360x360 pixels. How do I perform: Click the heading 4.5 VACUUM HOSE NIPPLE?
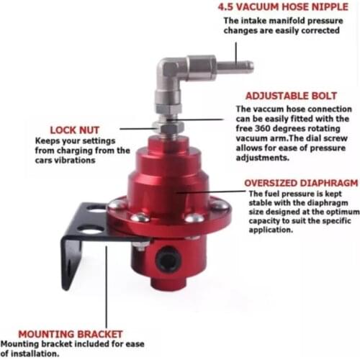[283, 9]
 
